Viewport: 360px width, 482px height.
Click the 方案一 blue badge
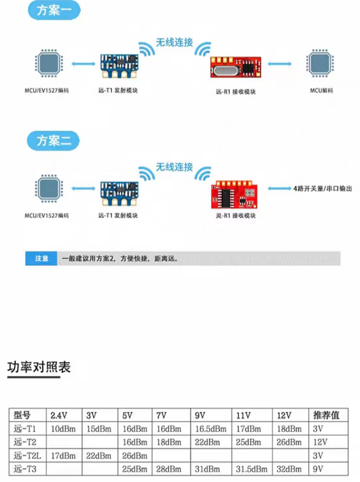(54, 10)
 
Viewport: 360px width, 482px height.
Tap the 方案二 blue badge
(53, 141)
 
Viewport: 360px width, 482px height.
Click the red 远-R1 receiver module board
(236, 67)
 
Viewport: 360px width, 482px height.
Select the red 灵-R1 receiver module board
(234, 195)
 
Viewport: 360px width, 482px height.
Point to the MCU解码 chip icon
(320, 63)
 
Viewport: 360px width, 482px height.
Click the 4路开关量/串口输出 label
(322, 189)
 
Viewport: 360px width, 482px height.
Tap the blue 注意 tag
(41, 258)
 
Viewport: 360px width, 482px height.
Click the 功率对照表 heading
(39, 367)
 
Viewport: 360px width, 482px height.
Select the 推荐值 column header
(326, 415)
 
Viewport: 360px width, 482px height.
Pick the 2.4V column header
(59, 416)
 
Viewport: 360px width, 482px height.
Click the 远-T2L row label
(27, 455)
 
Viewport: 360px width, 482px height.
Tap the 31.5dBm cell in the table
(251, 469)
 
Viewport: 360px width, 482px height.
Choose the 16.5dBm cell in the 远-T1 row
(210, 429)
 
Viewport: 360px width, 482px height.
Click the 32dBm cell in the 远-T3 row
(289, 469)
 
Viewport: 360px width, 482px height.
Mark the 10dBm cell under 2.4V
(63, 429)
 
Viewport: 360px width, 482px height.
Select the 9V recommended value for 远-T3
(318, 469)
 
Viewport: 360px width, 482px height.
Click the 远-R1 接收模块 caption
(236, 92)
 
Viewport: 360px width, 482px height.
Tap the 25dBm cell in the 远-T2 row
(248, 442)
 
